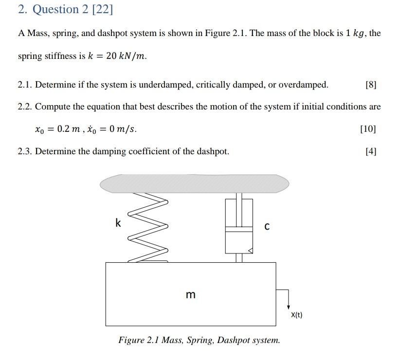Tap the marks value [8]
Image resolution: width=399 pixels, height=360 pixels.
370,85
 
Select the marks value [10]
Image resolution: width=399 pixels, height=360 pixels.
368,129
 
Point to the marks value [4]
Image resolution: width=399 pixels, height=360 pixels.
370,151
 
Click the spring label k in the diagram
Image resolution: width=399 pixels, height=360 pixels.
118,223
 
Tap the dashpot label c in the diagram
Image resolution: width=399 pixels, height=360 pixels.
267,227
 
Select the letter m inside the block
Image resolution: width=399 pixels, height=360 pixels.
191,295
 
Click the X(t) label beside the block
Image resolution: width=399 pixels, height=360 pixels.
296,315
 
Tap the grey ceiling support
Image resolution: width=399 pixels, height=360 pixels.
194,183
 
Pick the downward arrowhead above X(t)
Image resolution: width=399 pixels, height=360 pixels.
289,307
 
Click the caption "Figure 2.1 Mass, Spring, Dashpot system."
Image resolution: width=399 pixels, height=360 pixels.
199,340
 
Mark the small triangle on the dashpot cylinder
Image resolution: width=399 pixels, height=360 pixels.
251,251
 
